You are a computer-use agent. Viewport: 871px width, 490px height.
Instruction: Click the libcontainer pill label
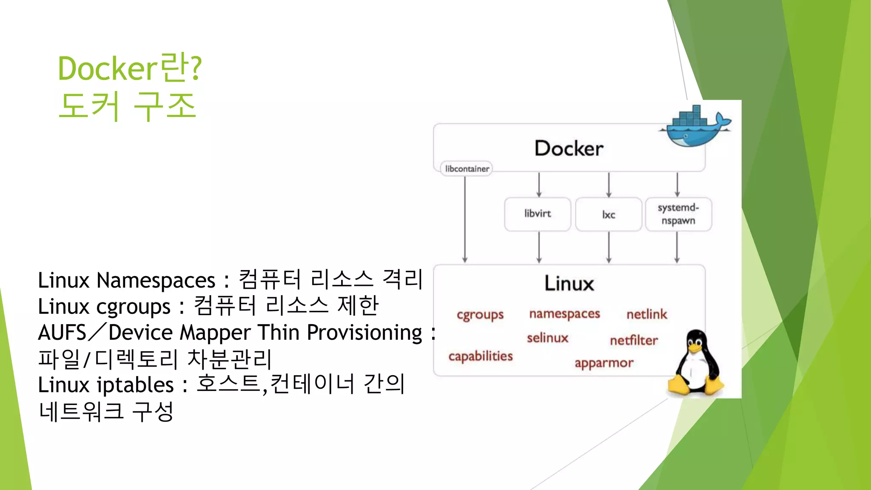[467, 169]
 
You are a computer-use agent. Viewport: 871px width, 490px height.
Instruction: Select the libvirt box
[537, 214]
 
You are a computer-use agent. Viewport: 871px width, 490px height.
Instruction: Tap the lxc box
[608, 214]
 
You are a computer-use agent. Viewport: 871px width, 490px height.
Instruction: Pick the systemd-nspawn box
[678, 214]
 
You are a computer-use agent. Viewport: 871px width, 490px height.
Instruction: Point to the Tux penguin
[695, 364]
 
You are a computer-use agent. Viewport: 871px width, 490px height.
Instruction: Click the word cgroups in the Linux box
[480, 315]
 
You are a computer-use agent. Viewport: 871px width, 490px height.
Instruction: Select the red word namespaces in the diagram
[564, 314]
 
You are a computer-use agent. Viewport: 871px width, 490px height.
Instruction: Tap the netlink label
[646, 314]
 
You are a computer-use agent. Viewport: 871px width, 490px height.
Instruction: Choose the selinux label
[547, 338]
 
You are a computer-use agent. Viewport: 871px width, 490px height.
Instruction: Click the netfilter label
[633, 340]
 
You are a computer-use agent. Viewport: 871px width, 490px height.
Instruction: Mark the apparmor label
[603, 363]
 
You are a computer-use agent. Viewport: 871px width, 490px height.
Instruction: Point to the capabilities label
[481, 356]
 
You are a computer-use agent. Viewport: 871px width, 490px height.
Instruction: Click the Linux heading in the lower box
[569, 284]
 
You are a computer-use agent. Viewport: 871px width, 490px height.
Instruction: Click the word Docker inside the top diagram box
[569, 148]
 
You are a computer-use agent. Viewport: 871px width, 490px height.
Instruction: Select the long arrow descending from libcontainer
[465, 219]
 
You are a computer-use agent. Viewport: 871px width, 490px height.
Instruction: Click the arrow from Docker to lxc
[609, 185]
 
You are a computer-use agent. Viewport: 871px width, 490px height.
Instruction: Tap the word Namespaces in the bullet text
[156, 281]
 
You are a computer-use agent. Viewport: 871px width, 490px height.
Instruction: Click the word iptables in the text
[135, 385]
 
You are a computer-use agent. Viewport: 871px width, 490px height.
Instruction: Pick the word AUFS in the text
[62, 333]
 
